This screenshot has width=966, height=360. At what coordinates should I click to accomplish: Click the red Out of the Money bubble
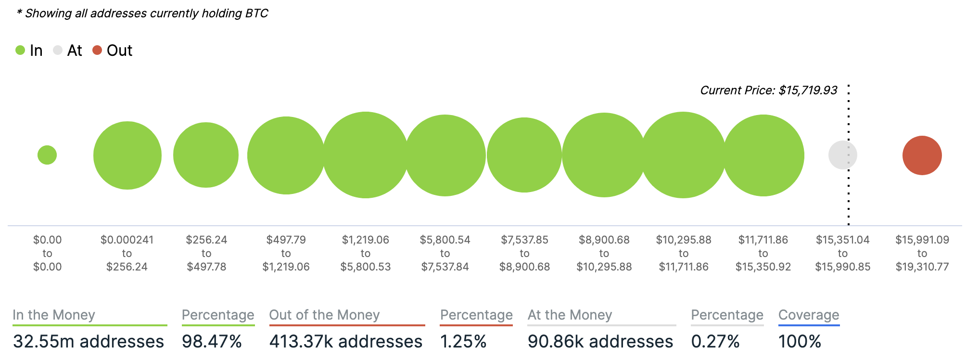click(x=922, y=155)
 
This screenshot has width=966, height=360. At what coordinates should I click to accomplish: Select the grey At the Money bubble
click(x=842, y=155)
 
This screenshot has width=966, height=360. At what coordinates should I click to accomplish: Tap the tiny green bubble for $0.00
click(x=47, y=155)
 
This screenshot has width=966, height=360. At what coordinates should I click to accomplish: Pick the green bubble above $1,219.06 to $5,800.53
click(x=366, y=155)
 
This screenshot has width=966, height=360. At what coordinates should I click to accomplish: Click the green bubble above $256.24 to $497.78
click(x=206, y=155)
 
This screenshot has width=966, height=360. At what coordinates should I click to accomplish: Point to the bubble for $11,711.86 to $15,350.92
click(x=763, y=155)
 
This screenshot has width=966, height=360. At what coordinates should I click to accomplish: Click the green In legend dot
click(x=20, y=50)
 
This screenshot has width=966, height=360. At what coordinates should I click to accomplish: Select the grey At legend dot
click(x=58, y=50)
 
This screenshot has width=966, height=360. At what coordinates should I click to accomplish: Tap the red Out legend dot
click(x=97, y=50)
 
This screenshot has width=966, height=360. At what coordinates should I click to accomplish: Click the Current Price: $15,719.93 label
click(x=768, y=90)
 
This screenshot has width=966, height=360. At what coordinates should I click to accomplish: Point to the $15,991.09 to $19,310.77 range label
click(x=922, y=253)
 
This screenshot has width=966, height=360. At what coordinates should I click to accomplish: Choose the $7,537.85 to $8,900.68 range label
click(x=524, y=253)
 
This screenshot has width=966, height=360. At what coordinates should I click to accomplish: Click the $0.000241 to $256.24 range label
click(x=127, y=253)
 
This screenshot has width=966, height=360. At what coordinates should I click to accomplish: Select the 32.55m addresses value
click(x=89, y=341)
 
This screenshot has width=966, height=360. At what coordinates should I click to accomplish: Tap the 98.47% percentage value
click(x=212, y=341)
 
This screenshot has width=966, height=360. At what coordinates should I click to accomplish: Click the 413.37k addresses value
click(x=346, y=341)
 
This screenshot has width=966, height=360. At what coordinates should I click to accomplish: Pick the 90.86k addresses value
click(x=600, y=341)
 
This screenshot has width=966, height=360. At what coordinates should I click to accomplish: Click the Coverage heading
click(x=809, y=315)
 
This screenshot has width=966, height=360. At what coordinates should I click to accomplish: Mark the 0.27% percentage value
click(x=715, y=341)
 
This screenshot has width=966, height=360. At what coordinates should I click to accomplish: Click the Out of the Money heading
click(x=324, y=315)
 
